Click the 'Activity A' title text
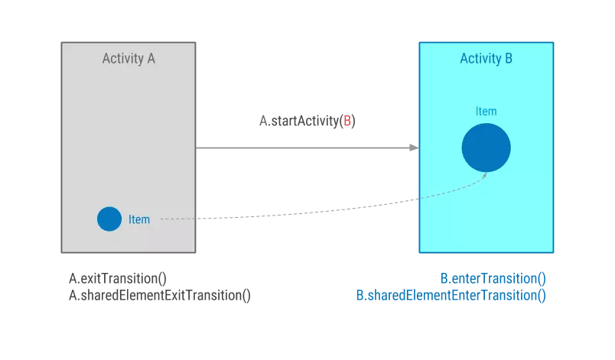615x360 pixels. (129, 59)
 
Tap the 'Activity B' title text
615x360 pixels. (486, 59)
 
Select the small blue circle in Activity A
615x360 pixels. (109, 219)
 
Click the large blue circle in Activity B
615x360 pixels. (486, 148)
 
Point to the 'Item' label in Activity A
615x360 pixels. (139, 220)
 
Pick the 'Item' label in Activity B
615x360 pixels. (486, 112)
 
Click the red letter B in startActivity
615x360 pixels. (347, 121)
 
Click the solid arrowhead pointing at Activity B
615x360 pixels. (414, 148)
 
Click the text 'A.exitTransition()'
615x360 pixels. (118, 279)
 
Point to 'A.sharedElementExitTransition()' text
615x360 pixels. (160, 296)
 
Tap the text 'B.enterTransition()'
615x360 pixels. (493, 279)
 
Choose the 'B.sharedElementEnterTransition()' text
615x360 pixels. (451, 296)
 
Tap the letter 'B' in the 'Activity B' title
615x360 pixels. (509, 59)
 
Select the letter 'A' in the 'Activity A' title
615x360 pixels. (151, 59)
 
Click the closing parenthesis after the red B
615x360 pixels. (354, 121)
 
